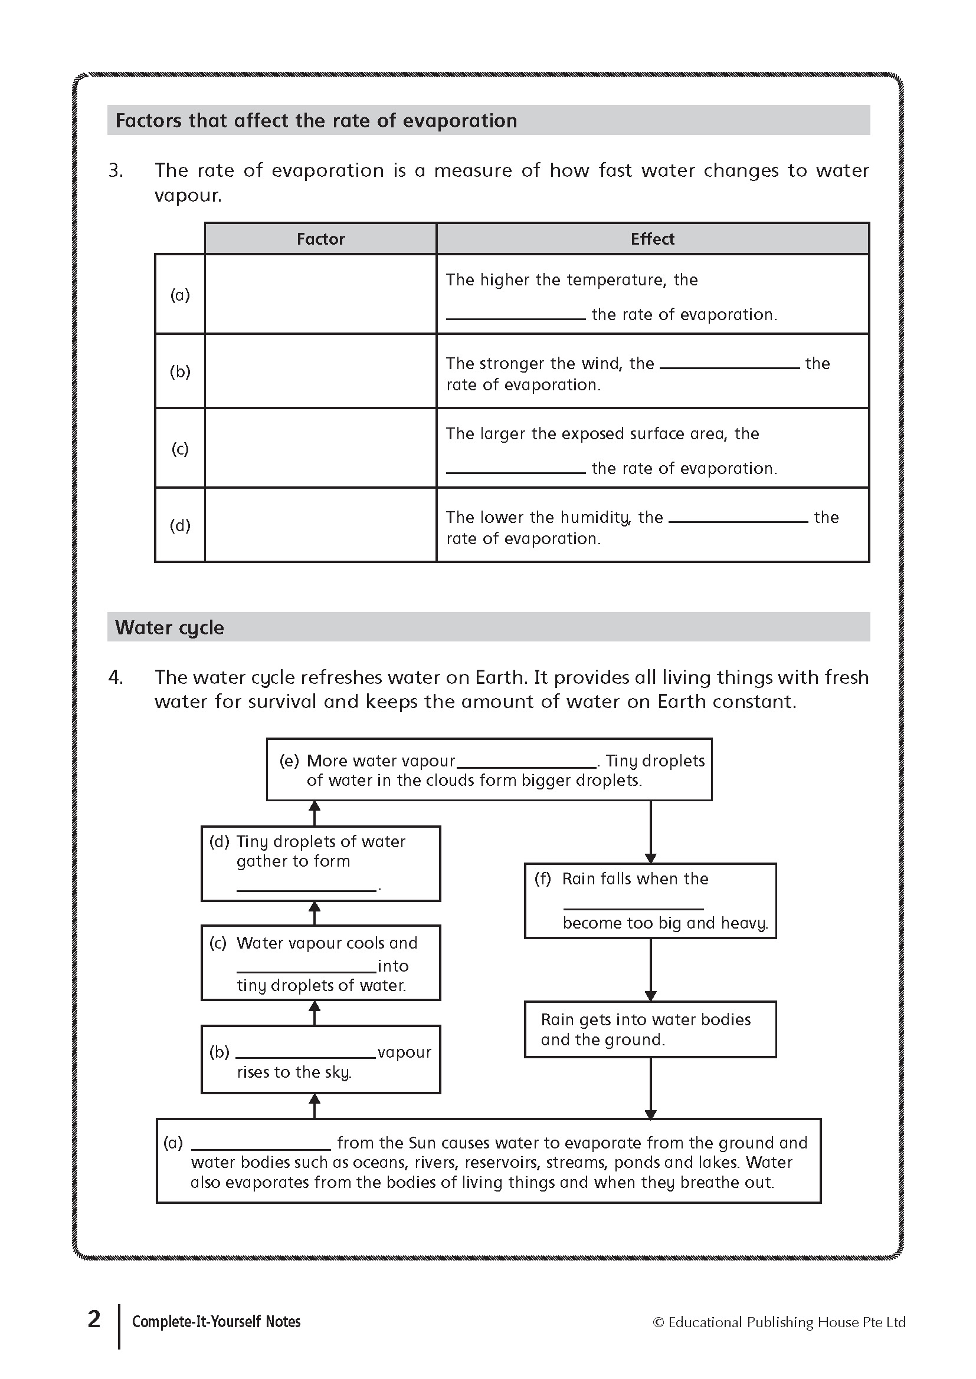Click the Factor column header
pyautogui.click(x=320, y=239)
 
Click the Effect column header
pyautogui.click(x=652, y=239)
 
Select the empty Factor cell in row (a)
pyautogui.click(x=320, y=294)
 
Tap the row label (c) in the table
pyautogui.click(x=180, y=449)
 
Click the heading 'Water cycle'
pyautogui.click(x=169, y=628)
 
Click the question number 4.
pyautogui.click(x=116, y=677)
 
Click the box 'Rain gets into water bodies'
pyautogui.click(x=650, y=1029)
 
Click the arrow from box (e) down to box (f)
pyautogui.click(x=650, y=832)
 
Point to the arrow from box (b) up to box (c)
pyautogui.click(x=315, y=1013)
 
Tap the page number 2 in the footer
pyautogui.click(x=94, y=1319)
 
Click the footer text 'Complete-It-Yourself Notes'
pyautogui.click(x=217, y=1321)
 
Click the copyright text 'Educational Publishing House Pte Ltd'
pyautogui.click(x=786, y=1322)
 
